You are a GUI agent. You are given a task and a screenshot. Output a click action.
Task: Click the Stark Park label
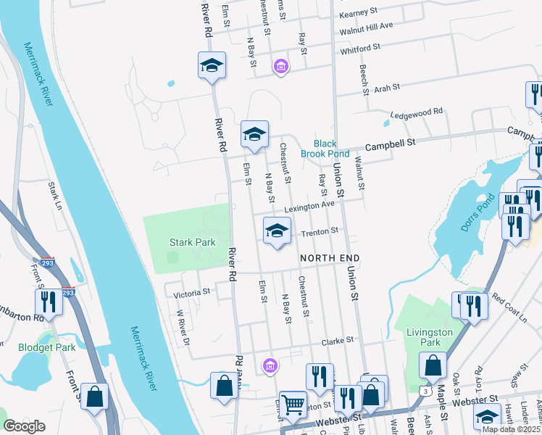coord(192,242)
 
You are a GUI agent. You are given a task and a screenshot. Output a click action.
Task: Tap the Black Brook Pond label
coord(331,149)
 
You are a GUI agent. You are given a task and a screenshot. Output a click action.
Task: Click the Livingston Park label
coord(430,336)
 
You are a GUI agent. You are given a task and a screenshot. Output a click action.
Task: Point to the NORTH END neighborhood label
coord(330,258)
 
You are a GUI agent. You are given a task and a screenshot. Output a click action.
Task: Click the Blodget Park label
coord(47,347)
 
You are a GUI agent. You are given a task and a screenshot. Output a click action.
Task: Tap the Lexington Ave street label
coord(309,207)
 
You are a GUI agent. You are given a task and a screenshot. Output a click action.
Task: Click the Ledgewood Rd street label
coord(416,113)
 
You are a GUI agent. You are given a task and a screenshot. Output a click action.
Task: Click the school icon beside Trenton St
coord(276,231)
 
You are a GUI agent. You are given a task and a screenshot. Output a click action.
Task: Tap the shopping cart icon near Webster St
coord(293,405)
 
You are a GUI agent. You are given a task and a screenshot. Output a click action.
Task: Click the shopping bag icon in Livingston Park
coord(433,365)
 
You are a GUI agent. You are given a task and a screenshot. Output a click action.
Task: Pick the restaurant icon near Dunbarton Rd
coord(49,301)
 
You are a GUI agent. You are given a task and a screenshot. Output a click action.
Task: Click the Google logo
coord(24,426)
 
